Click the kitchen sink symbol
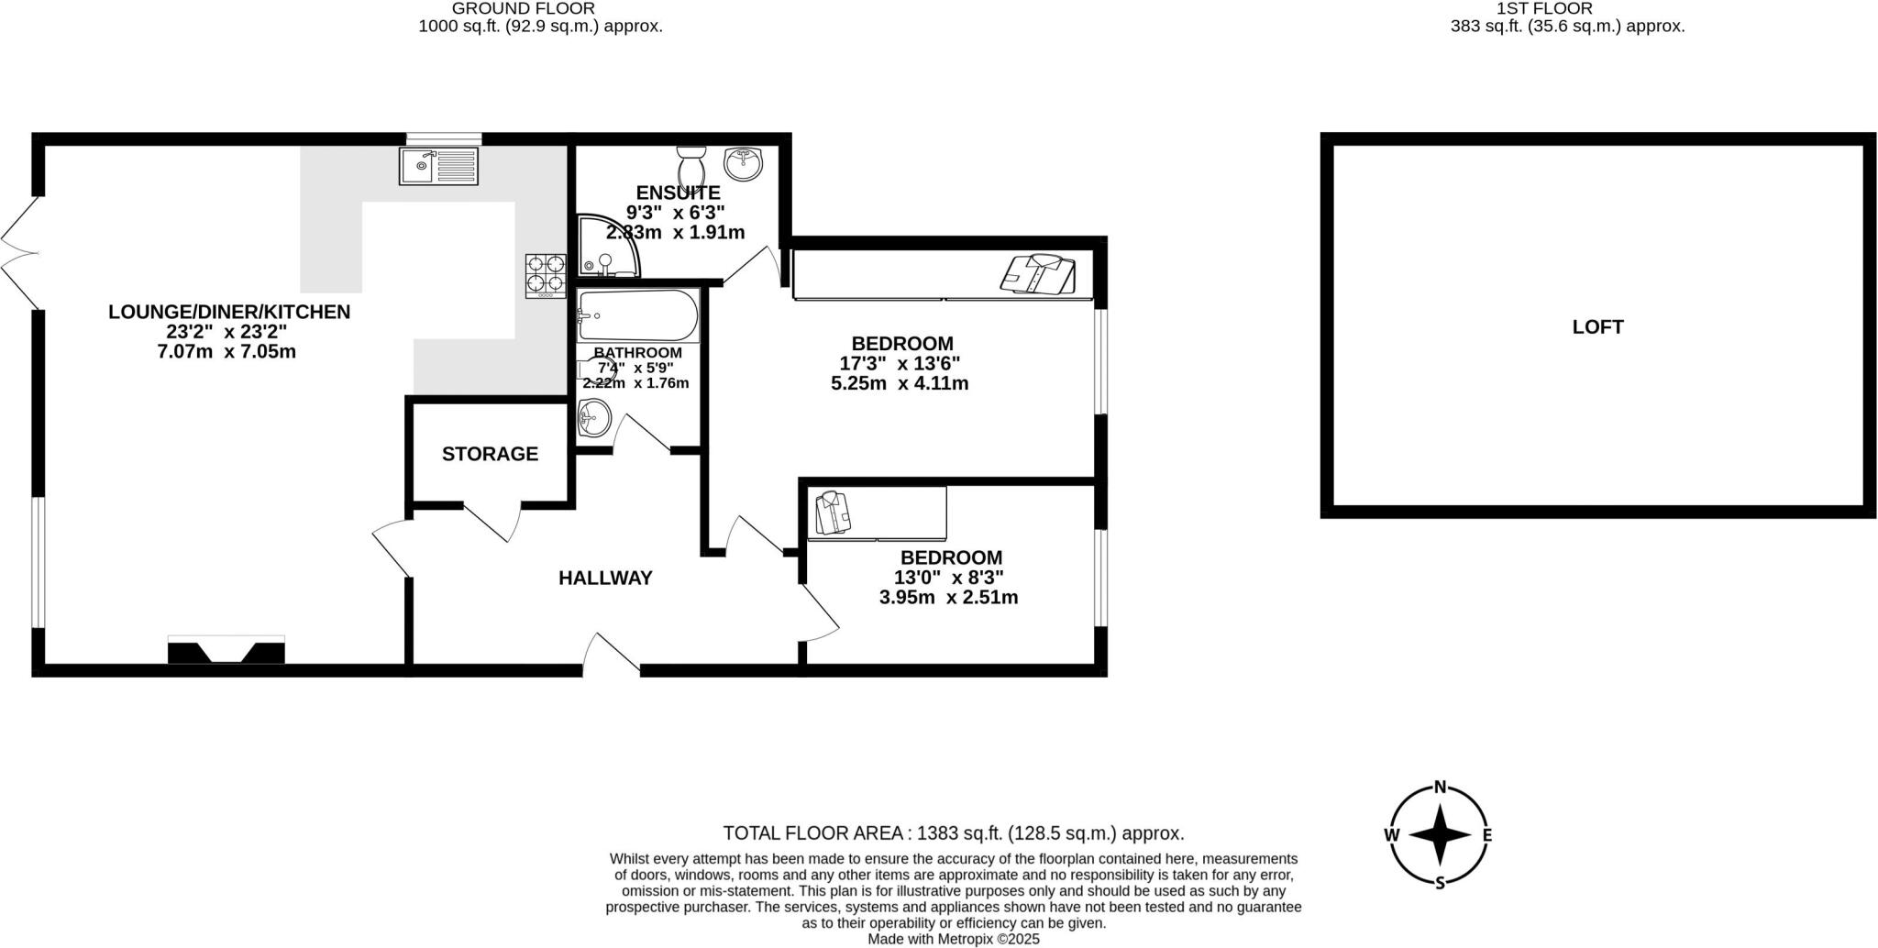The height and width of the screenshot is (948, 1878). (438, 166)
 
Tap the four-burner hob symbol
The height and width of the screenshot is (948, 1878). (545, 275)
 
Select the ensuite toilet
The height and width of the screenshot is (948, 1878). (690, 166)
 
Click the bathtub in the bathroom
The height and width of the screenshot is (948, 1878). (637, 316)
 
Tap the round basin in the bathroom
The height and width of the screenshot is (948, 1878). (593, 421)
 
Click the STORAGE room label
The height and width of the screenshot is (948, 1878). (490, 454)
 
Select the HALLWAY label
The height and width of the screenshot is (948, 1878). (605, 578)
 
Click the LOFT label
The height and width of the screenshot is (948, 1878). (1597, 326)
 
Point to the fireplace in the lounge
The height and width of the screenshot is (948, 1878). (226, 651)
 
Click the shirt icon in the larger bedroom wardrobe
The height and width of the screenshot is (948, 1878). (1038, 274)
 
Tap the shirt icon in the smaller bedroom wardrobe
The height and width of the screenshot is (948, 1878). (834, 512)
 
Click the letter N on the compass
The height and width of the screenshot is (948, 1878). (1440, 787)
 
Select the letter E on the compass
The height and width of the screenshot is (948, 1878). (1487, 835)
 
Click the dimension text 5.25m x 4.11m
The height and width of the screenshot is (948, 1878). (899, 383)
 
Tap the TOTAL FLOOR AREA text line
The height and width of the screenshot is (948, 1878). (954, 833)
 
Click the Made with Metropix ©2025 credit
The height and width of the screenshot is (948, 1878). (954, 939)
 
